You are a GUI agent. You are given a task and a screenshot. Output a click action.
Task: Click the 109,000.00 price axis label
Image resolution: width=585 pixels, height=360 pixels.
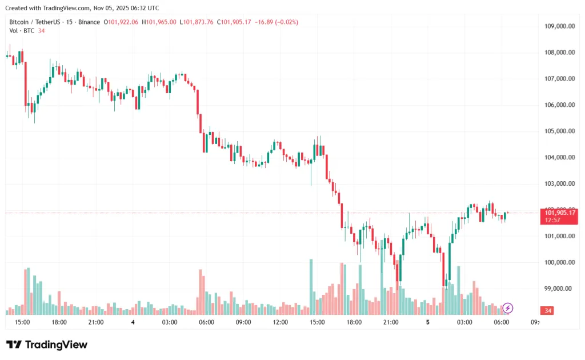[560, 26]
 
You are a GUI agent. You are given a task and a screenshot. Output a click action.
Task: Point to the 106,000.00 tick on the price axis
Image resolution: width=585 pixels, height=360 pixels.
[560, 105]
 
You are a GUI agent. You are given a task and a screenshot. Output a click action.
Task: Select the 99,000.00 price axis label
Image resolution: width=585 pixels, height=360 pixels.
[560, 289]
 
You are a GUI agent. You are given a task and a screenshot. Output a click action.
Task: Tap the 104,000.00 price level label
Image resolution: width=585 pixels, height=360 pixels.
[560, 158]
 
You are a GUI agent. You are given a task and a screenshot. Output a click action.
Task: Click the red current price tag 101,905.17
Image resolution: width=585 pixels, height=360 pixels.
[560, 213]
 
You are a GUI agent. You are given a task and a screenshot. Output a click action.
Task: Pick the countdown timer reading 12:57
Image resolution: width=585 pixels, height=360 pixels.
[552, 220]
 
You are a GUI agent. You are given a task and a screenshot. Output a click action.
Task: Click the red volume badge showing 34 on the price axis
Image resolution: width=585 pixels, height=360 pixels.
[548, 310]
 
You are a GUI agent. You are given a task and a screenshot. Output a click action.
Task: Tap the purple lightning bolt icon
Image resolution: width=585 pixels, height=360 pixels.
[508, 308]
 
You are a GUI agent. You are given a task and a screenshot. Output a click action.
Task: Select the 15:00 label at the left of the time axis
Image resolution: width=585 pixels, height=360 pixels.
[22, 322]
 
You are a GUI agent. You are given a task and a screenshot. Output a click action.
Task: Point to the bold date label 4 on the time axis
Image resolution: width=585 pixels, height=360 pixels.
[133, 322]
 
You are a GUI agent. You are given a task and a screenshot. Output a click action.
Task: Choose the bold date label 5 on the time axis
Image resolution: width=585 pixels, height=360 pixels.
[428, 322]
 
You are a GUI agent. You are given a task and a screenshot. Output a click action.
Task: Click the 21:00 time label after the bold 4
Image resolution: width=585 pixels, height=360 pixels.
[391, 322]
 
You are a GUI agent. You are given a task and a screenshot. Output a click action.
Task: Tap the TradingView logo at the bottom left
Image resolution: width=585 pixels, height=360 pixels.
[47, 345]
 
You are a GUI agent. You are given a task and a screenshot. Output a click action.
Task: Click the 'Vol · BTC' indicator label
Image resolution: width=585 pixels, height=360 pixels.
[22, 31]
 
